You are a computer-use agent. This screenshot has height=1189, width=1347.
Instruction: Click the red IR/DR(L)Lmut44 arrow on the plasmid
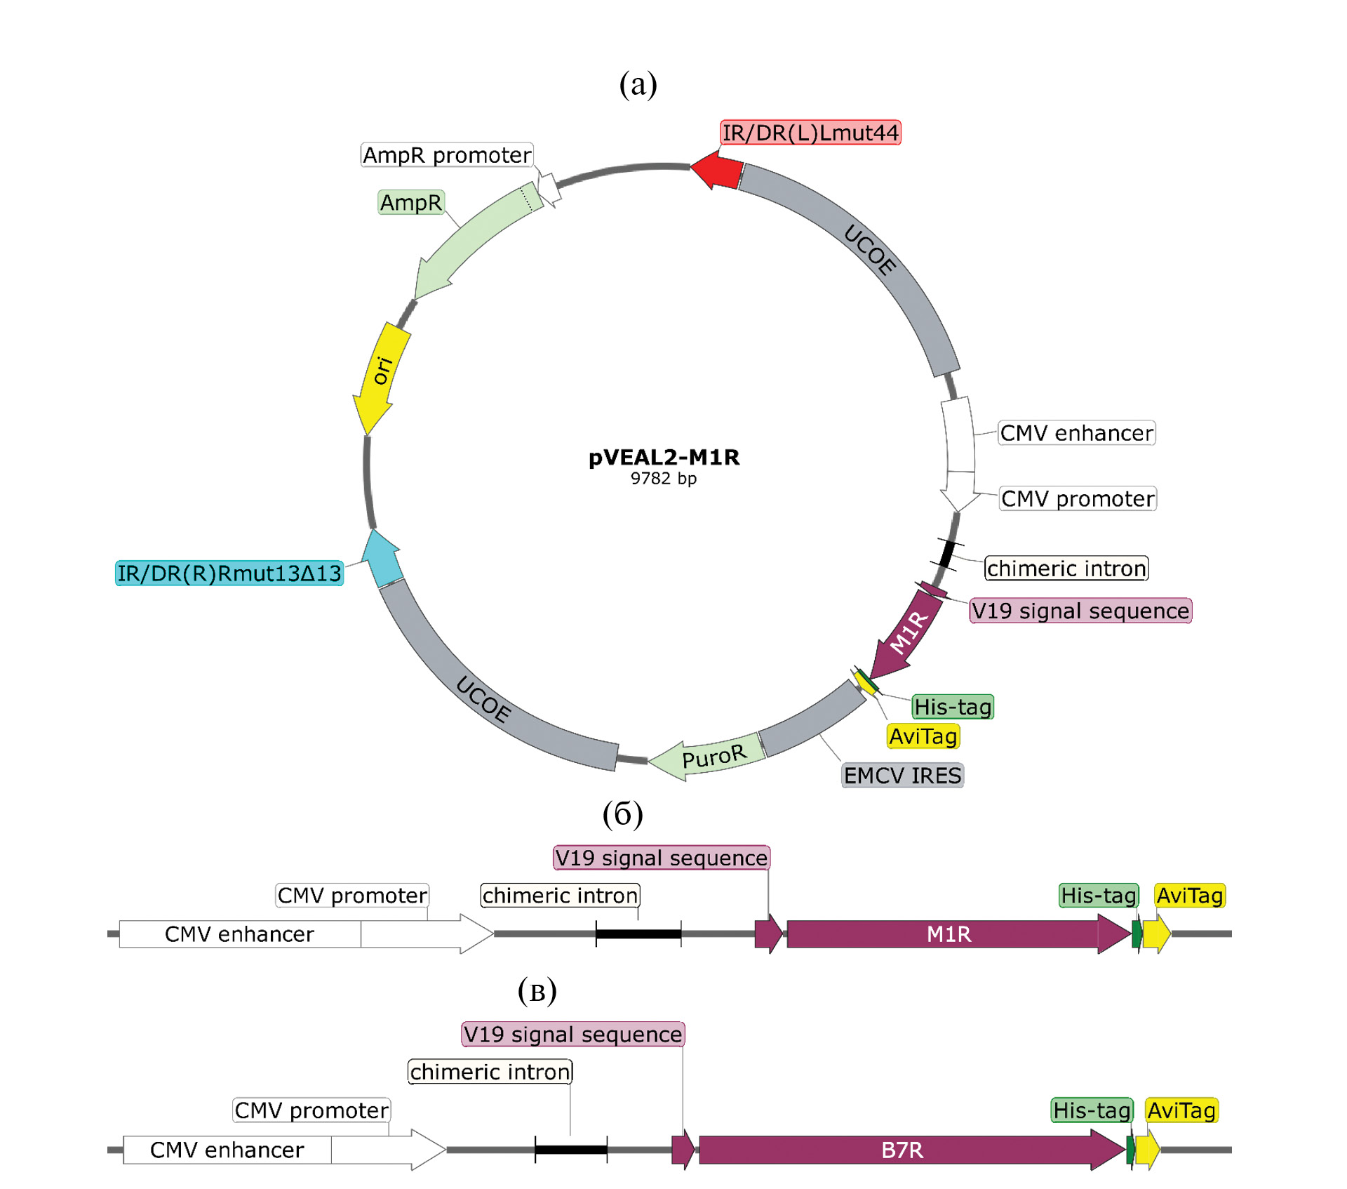pyautogui.click(x=717, y=170)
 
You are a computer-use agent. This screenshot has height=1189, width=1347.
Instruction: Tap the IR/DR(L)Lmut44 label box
pyautogui.click(x=810, y=133)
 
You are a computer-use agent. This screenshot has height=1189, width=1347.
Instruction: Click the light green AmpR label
pyautogui.click(x=411, y=203)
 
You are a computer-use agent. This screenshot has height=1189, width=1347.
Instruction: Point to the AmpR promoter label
pyautogui.click(x=447, y=155)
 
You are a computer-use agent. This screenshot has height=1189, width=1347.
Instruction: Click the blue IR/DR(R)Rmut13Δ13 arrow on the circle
pyautogui.click(x=383, y=559)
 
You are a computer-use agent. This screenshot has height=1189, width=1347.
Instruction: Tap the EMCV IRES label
pyautogui.click(x=902, y=776)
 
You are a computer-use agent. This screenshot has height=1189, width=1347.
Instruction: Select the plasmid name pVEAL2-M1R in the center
pyautogui.click(x=664, y=458)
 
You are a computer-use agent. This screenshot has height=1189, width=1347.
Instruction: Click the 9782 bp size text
pyautogui.click(x=664, y=479)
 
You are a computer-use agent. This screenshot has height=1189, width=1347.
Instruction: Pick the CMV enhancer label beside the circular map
pyautogui.click(x=1076, y=433)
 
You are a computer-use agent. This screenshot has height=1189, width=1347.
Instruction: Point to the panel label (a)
pyautogui.click(x=638, y=84)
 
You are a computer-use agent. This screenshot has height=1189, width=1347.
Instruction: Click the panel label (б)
pyautogui.click(x=622, y=813)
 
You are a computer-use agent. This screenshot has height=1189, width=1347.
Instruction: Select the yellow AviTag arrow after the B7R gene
pyautogui.click(x=1148, y=1150)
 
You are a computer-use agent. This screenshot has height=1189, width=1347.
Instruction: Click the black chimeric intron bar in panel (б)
pyautogui.click(x=638, y=934)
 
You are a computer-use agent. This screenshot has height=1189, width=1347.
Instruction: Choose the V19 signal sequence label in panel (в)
pyautogui.click(x=572, y=1035)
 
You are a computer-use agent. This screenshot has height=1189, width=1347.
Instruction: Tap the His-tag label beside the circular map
pyautogui.click(x=953, y=707)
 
